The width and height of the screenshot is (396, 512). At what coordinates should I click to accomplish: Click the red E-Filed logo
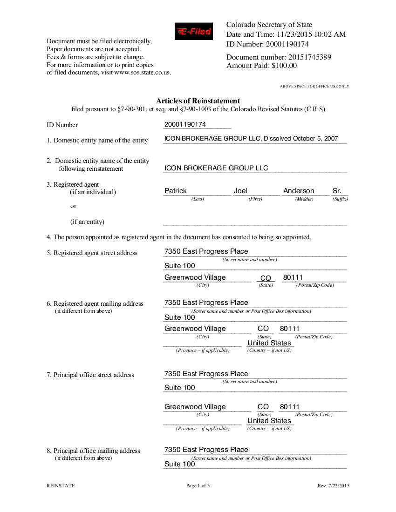(x=194, y=32)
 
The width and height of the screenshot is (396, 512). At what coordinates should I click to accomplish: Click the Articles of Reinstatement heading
(x=198, y=101)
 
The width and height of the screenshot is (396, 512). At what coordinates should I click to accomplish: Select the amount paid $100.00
(x=284, y=66)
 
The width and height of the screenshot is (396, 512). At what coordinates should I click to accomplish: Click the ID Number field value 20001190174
(x=185, y=125)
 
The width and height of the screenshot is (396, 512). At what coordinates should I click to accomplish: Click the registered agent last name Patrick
(x=176, y=191)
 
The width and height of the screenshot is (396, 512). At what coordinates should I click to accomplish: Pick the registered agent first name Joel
(x=240, y=191)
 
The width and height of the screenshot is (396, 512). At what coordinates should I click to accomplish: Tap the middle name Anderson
(x=299, y=191)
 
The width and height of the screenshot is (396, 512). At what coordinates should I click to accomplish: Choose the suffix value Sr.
(x=337, y=191)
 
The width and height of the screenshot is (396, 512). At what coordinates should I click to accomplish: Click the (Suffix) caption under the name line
(x=340, y=199)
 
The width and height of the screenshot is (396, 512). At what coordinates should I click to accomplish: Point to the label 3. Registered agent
(x=73, y=184)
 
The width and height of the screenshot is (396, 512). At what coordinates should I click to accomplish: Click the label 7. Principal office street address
(x=90, y=375)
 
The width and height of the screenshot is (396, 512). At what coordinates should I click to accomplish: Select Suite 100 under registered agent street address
(x=180, y=266)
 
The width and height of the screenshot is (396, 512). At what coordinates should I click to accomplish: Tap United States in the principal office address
(x=269, y=421)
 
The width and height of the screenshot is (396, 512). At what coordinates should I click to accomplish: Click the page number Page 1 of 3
(x=198, y=486)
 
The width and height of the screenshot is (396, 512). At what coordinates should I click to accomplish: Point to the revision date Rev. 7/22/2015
(x=334, y=486)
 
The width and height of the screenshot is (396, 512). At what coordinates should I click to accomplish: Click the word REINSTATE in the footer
(x=61, y=486)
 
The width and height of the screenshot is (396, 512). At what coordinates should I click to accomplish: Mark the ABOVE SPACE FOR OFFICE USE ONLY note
(x=314, y=87)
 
